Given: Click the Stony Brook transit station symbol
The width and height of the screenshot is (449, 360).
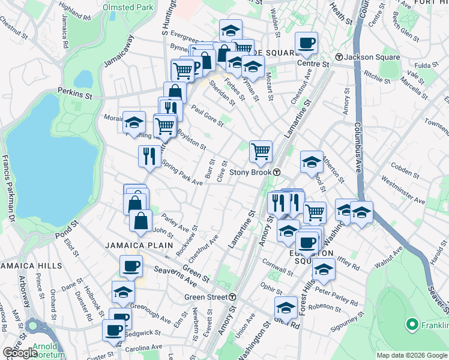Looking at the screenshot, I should (x=277, y=172).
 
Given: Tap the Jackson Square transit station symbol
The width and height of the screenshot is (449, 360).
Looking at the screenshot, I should (x=339, y=57).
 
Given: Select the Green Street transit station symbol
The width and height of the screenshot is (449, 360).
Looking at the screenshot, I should (x=232, y=297).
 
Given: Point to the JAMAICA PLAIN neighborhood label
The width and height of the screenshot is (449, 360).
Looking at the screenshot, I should (x=139, y=245).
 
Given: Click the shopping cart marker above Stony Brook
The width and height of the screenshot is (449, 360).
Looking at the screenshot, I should (x=261, y=151).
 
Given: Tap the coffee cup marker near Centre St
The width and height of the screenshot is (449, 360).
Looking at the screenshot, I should (x=306, y=43).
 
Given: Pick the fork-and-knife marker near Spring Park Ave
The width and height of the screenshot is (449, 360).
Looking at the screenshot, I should (x=149, y=156).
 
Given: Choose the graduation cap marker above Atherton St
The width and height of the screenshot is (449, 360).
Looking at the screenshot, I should (x=312, y=162).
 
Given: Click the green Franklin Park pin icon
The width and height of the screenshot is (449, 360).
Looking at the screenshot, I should (x=412, y=325).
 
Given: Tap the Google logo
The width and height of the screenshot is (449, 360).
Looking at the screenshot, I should (x=20, y=353).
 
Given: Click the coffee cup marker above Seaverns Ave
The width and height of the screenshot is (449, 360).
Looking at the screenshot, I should (x=130, y=265).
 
